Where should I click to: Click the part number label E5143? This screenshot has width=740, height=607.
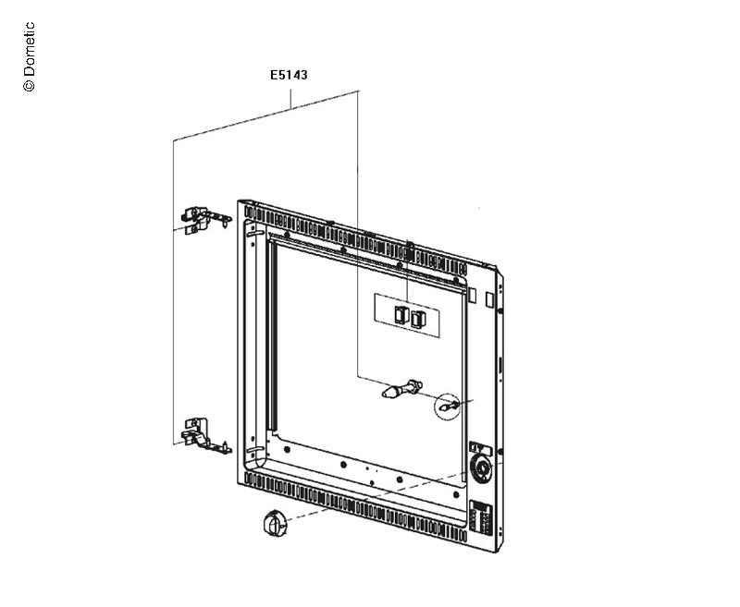[289, 75]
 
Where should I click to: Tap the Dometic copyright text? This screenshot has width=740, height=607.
[29, 56]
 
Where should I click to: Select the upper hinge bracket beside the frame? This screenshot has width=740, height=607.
[205, 220]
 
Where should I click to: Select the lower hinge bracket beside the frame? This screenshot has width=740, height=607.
[205, 435]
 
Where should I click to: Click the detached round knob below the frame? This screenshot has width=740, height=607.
[274, 523]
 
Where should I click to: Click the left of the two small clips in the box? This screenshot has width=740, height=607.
[401, 314]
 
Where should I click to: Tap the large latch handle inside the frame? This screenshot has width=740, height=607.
[401, 389]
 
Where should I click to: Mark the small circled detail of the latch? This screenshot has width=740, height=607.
[447, 406]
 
